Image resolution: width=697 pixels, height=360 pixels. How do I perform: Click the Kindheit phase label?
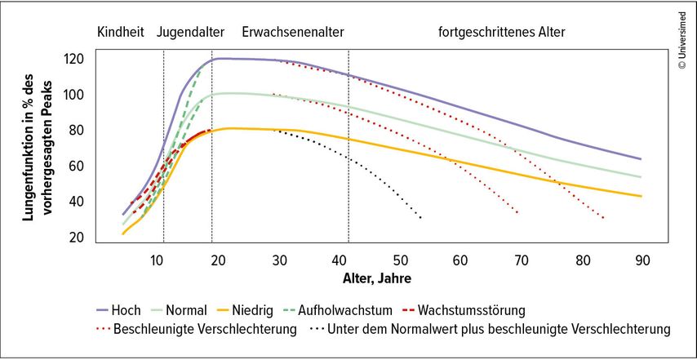(x=120, y=33)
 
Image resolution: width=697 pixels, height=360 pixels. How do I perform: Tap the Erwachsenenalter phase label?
(x=293, y=33)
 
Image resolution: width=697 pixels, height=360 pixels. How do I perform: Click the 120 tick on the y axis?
(x=75, y=59)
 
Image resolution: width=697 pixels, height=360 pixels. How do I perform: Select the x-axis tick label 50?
(x=400, y=260)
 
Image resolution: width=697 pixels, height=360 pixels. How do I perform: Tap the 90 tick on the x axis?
(x=642, y=260)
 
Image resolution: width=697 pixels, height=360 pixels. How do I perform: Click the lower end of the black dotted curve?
(x=420, y=218)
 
